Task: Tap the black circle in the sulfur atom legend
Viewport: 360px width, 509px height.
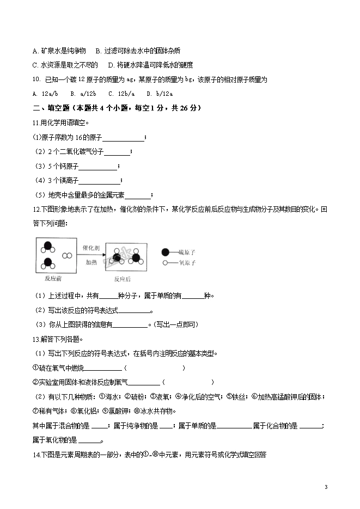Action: coord(166,253)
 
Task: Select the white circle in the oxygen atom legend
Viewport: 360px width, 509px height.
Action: coord(165,263)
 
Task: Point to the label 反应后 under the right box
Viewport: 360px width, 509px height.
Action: coord(123,279)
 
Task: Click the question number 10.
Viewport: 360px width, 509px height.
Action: coord(36,79)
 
